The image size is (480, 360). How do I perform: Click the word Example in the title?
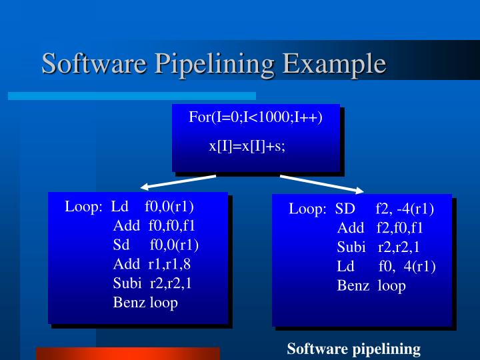pyautogui.click(x=333, y=63)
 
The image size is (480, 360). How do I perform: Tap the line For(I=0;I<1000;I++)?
pyautogui.click(x=255, y=118)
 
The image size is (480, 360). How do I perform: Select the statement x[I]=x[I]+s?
pyautogui.click(x=247, y=146)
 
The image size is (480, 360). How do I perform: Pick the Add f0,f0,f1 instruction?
pyautogui.click(x=154, y=225)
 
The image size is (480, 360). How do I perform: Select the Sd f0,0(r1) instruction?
pyautogui.click(x=155, y=245)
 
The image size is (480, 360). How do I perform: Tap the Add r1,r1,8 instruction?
pyautogui.click(x=151, y=263)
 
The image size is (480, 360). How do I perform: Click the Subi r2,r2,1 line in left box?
pyautogui.click(x=153, y=283)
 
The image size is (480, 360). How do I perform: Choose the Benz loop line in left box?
pyautogui.click(x=145, y=303)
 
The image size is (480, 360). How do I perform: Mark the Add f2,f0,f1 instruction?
pyautogui.click(x=380, y=228)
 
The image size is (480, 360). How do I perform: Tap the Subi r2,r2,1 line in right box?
pyautogui.click(x=378, y=247)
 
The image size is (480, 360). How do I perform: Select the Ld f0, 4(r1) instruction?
pyautogui.click(x=386, y=267)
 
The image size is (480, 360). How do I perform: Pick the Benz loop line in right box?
pyautogui.click(x=371, y=286)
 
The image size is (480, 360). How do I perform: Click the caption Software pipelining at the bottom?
pyautogui.click(x=353, y=349)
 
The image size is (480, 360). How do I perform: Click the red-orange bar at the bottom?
pyautogui.click(x=127, y=353)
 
